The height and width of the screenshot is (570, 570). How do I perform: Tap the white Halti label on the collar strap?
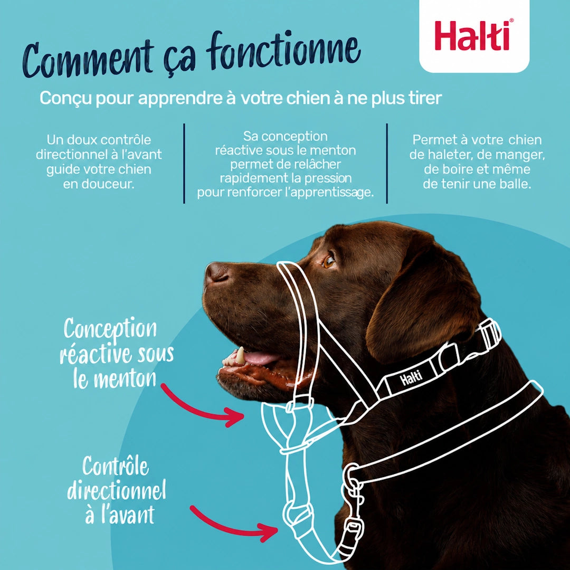coord(411,378)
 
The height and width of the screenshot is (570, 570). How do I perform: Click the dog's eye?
coord(329,261)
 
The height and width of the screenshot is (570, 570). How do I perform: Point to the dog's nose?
coord(216,273)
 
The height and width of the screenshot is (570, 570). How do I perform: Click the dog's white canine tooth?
coord(240,355)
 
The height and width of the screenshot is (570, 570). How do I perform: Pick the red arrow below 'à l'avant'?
coord(233,524)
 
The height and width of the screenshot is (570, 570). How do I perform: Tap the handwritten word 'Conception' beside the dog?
coord(110,329)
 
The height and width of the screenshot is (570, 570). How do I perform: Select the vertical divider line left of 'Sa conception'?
coord(184,164)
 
